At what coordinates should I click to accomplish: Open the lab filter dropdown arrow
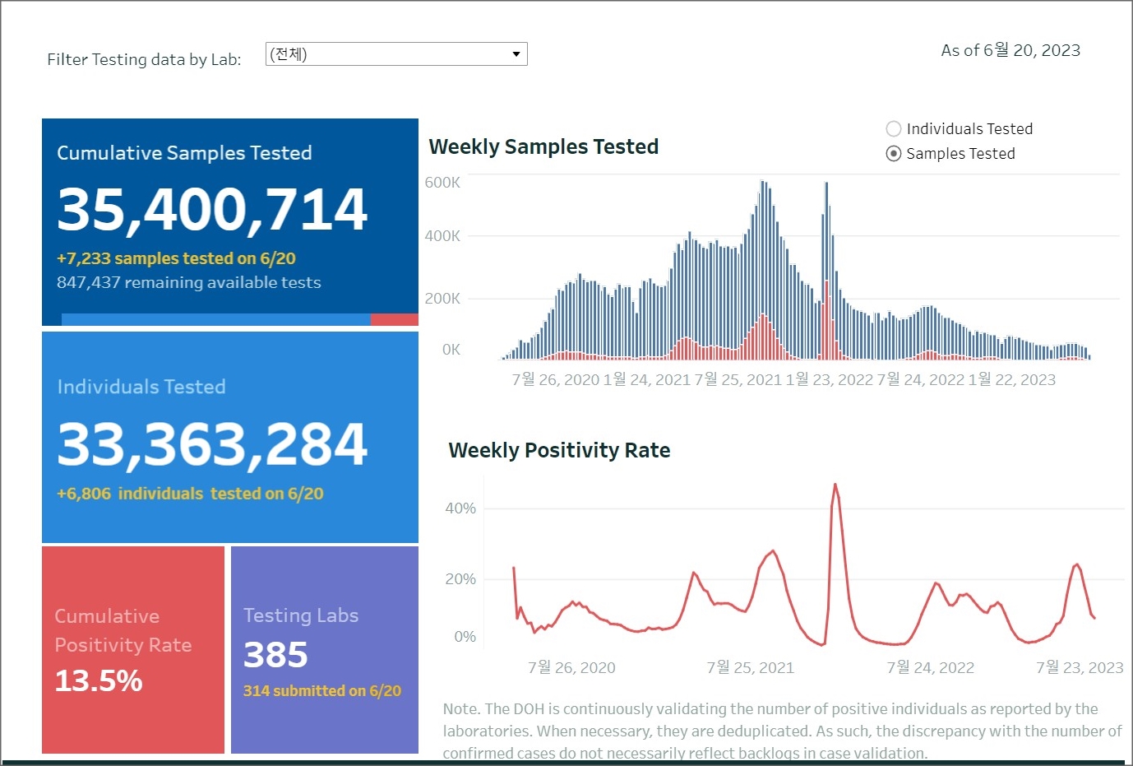(x=516, y=54)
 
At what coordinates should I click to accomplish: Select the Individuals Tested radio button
(x=894, y=129)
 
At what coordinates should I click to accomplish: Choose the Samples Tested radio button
(x=894, y=154)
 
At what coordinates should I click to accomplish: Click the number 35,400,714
(x=212, y=209)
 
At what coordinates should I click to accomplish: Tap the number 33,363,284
(x=212, y=444)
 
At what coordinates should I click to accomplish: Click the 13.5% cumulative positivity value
(x=99, y=681)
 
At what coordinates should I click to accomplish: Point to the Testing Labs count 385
(x=275, y=656)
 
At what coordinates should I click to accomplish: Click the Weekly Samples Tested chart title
(x=543, y=147)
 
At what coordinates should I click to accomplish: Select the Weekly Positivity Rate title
(x=559, y=451)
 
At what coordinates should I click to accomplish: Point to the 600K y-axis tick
(x=442, y=183)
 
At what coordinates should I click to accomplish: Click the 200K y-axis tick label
(x=442, y=299)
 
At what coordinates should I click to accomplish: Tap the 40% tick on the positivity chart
(x=460, y=508)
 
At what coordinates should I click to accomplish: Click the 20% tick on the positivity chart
(x=460, y=579)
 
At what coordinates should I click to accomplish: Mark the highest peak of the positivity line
(x=835, y=485)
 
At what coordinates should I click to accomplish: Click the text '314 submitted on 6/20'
(x=322, y=691)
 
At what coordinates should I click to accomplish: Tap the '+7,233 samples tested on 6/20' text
(x=176, y=258)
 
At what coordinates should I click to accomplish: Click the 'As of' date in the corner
(x=1010, y=51)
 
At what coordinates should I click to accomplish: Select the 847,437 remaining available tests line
(x=189, y=283)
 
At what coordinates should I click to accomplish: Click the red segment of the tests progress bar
(x=394, y=319)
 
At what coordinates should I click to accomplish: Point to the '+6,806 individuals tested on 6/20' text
(x=190, y=494)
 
